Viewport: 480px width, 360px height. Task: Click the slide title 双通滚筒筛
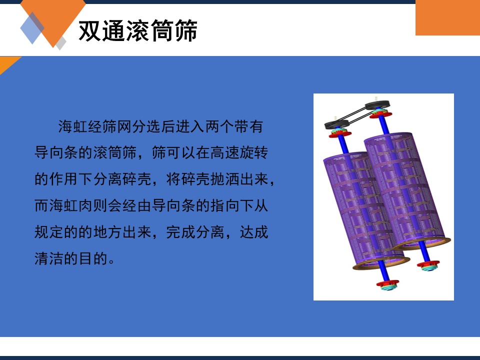point(138,30)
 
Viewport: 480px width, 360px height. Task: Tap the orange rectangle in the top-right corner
point(447,17)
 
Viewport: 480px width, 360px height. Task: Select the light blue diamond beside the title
point(32,28)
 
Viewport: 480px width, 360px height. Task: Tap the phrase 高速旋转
point(239,153)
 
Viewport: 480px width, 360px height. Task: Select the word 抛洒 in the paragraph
point(224,179)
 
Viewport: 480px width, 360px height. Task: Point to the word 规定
point(48,232)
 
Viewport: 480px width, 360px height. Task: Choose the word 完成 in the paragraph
point(180,232)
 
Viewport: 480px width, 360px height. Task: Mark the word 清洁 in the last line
point(48,258)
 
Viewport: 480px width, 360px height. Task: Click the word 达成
point(254,232)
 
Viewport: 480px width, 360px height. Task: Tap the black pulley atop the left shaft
point(336,124)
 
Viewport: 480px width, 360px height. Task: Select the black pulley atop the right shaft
point(377,105)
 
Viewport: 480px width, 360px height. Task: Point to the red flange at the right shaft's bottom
point(428,264)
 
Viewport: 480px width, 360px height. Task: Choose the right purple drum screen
point(406,191)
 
